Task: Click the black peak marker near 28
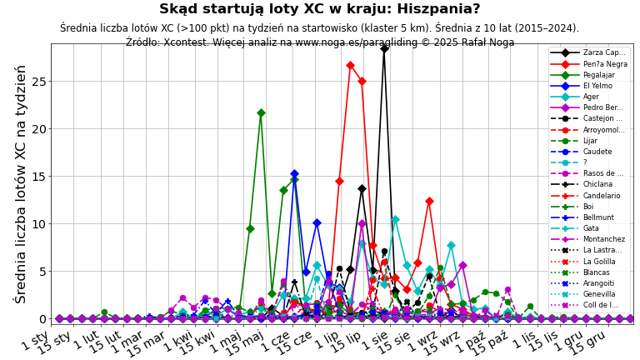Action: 384,48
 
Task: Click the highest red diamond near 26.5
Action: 350,65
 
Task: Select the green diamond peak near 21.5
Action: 261,112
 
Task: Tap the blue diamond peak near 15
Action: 294,173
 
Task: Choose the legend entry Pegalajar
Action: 594,75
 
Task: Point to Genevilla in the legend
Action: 594,294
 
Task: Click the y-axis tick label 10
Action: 38,224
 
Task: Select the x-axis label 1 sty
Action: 36,340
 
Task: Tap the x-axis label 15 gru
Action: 588,342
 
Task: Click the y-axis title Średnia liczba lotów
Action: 20,183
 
